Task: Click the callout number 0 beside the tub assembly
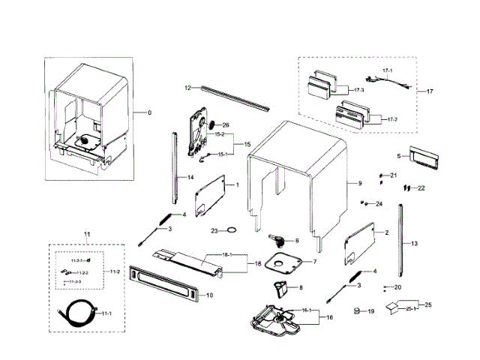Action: coord(149,112)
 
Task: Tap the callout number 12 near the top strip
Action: coord(189,88)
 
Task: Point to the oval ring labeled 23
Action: coord(232,230)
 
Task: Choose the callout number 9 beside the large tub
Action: coord(359,184)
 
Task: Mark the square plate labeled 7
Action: coord(286,264)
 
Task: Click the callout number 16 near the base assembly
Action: coord(328,317)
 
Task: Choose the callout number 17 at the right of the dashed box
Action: coord(430,91)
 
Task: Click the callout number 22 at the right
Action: coord(421,187)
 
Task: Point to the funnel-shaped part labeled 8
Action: coord(282,286)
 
